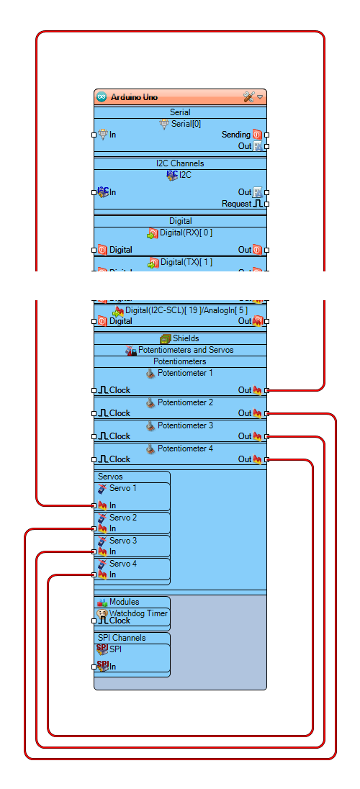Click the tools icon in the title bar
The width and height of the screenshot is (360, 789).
tap(249, 97)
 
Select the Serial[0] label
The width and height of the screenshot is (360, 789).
tap(186, 124)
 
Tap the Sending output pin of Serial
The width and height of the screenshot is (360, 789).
tap(266, 135)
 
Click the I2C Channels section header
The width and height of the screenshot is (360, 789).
tap(180, 163)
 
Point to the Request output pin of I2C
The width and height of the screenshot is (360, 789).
tap(266, 204)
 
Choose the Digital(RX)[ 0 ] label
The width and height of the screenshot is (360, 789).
tap(186, 233)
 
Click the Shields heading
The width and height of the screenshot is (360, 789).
tap(185, 338)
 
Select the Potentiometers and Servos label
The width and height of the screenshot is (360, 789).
tap(186, 350)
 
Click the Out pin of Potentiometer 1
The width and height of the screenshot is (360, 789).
tap(266, 390)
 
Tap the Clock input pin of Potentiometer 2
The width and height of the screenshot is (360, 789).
tap(94, 413)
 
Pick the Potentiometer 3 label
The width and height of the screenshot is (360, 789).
tap(185, 425)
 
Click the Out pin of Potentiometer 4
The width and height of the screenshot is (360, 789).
tap(266, 459)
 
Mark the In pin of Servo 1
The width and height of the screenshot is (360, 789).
tap(94, 505)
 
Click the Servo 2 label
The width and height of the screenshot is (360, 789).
tap(122, 518)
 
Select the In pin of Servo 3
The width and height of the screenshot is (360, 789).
tap(94, 551)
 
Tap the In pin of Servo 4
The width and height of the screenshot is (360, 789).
tap(94, 574)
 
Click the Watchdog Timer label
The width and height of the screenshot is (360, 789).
tap(138, 613)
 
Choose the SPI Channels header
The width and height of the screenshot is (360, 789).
tap(122, 638)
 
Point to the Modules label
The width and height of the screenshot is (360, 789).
tap(124, 602)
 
